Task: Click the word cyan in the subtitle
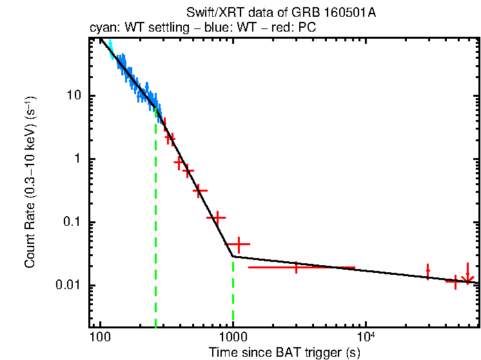(x=102, y=28)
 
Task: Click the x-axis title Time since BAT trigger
(x=284, y=352)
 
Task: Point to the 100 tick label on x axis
(x=99, y=336)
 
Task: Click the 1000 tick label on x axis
(x=233, y=336)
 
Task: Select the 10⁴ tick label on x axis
(x=365, y=335)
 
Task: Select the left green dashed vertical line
(x=155, y=226)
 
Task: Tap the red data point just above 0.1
(x=217, y=217)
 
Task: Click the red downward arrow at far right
(x=468, y=276)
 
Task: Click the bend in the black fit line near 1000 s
(x=233, y=256)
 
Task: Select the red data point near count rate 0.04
(x=238, y=245)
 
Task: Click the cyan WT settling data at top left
(x=110, y=48)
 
